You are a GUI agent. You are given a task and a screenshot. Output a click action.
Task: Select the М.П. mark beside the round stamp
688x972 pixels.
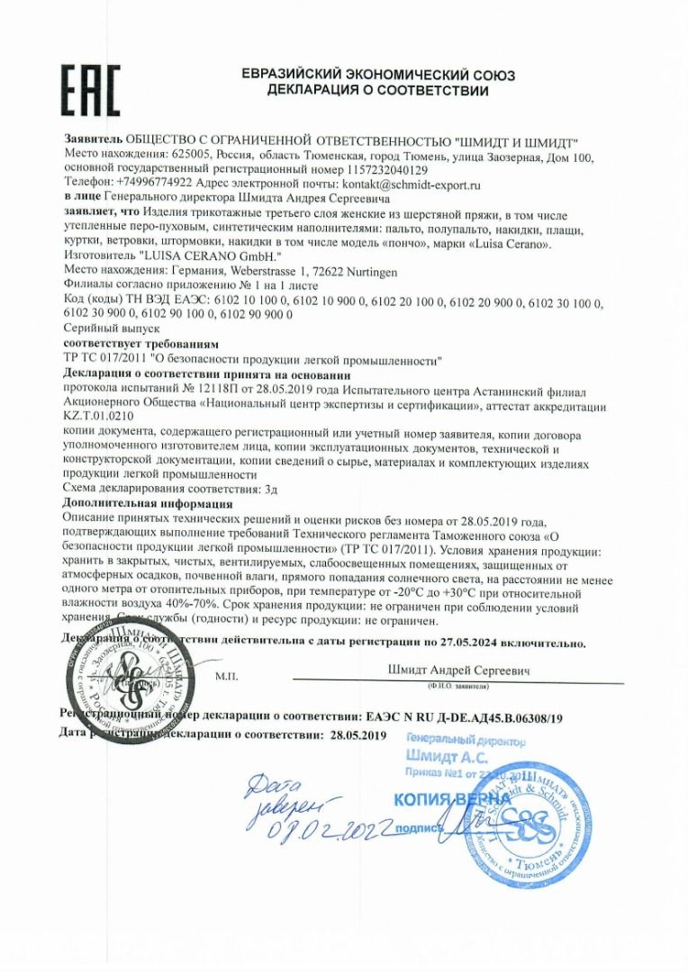click(226, 673)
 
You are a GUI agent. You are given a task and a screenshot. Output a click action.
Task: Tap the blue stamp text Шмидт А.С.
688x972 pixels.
click(447, 756)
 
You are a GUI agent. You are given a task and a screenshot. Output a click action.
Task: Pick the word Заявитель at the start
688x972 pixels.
click(92, 141)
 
